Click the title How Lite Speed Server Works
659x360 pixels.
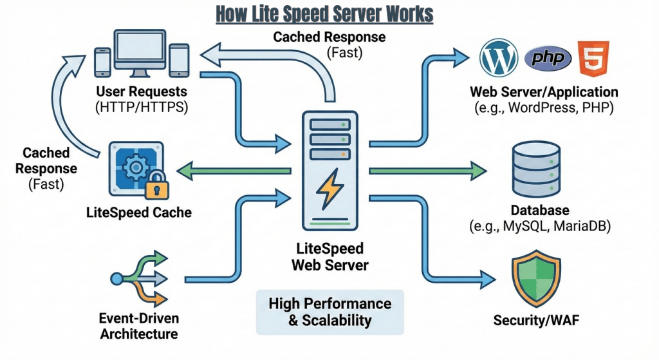point(324,14)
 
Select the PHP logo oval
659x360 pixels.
point(548,59)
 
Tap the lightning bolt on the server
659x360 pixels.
point(328,189)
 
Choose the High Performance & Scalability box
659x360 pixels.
point(329,312)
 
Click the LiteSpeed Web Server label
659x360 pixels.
point(328,256)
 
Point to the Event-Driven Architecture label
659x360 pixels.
point(139,326)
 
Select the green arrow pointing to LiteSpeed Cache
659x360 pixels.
point(232,171)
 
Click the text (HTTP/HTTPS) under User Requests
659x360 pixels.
point(141,107)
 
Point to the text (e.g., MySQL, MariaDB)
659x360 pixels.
point(539,227)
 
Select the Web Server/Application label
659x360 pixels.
point(544,92)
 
